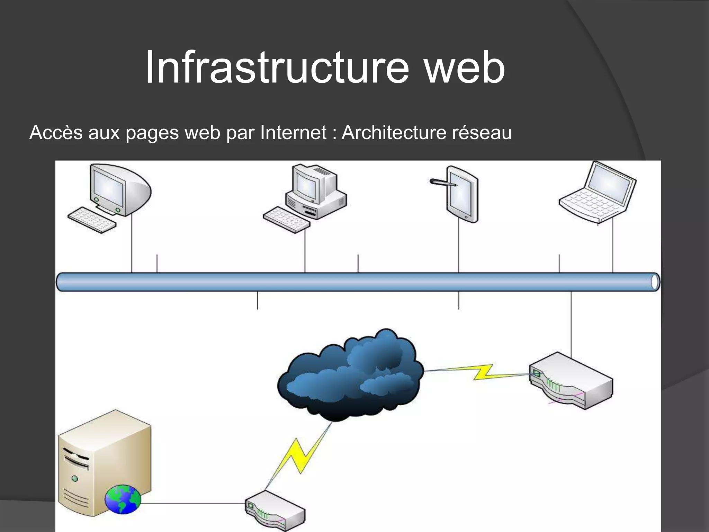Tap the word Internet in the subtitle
click(293, 132)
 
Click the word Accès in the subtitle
click(56, 132)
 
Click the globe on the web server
click(123, 499)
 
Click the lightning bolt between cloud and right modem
click(483, 372)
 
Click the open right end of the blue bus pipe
click(655, 282)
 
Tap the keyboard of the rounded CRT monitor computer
click(91, 220)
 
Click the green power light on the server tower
click(75, 479)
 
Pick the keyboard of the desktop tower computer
click(286, 220)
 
